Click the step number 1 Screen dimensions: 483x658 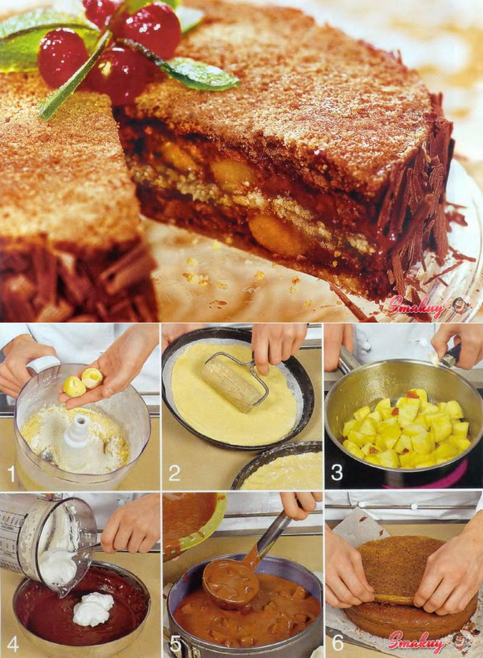click(11, 474)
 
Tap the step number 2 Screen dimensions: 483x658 click(174, 473)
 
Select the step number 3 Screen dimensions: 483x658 click(337, 473)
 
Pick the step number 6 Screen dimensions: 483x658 click(337, 642)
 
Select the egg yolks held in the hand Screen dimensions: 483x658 click(83, 382)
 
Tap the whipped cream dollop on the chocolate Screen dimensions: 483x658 click(93, 609)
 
